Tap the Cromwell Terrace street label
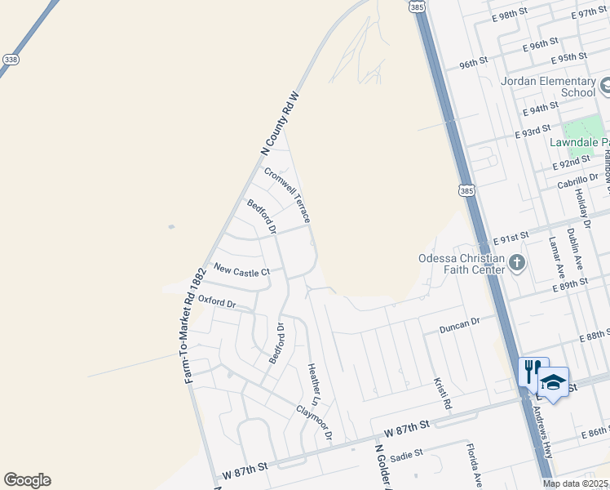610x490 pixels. coord(287,195)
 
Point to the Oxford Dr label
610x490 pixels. coord(217,304)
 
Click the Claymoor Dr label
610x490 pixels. coord(314,423)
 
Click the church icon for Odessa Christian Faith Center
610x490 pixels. coord(516,263)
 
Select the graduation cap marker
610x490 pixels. coord(553,382)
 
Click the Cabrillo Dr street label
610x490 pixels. coord(578,181)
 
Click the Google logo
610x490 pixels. coord(27,480)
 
